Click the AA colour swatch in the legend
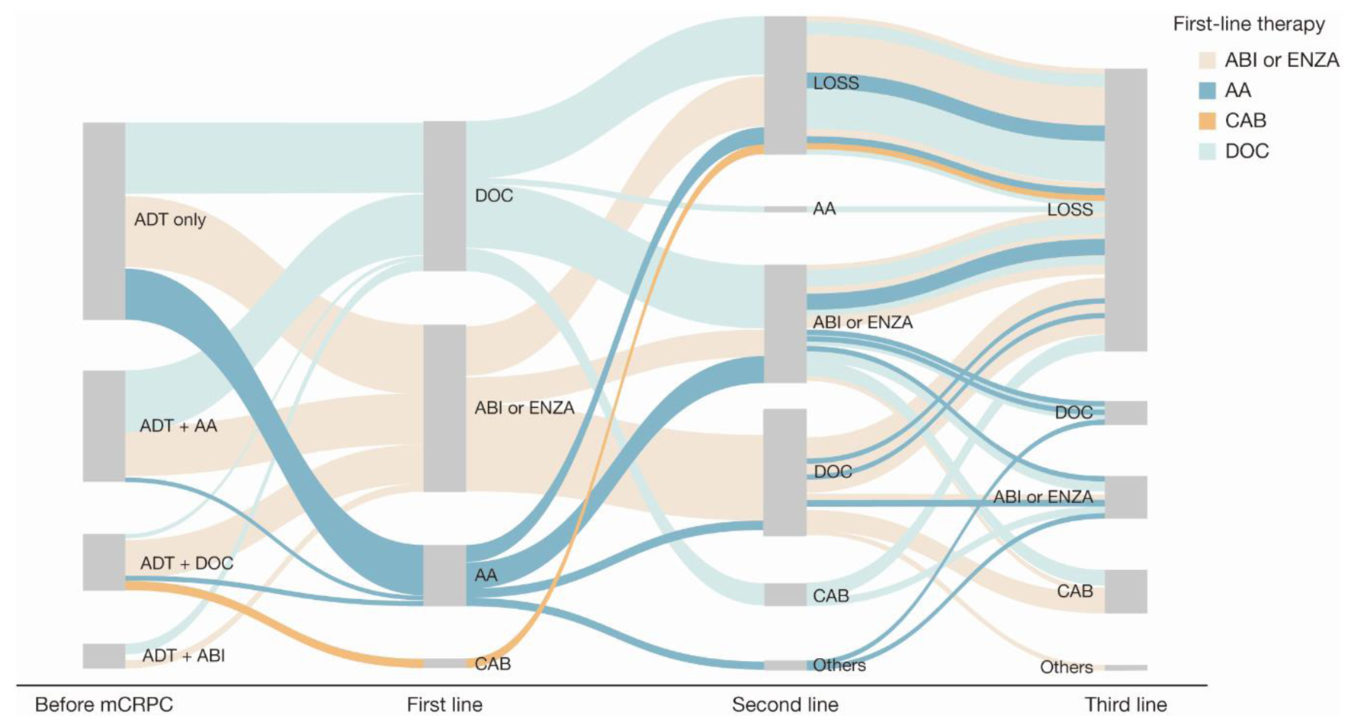click(1207, 91)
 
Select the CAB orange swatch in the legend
click(1207, 120)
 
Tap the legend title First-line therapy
click(1249, 24)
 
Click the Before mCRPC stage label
click(104, 704)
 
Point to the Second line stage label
click(785, 704)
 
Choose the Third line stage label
click(1125, 704)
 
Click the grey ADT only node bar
click(104, 220)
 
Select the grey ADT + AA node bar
click(104, 425)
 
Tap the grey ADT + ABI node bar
click(104, 656)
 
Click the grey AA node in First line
click(444, 575)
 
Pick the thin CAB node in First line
click(444, 663)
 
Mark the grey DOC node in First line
click(444, 195)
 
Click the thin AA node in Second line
click(785, 209)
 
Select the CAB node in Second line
click(785, 595)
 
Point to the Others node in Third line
click(1125, 668)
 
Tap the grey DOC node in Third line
click(1125, 412)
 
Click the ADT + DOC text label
click(187, 563)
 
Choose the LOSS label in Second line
click(836, 83)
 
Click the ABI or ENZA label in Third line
click(1042, 497)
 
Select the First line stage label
click(444, 704)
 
